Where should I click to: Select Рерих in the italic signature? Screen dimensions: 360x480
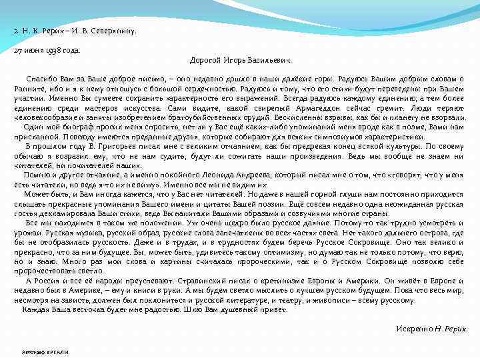coord(457,329)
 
